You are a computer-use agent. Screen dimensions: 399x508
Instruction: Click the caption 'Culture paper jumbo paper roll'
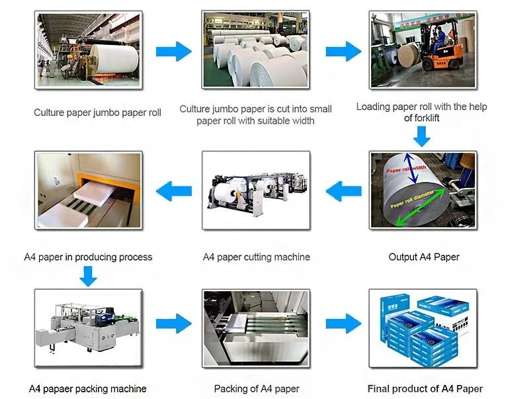[x=97, y=112]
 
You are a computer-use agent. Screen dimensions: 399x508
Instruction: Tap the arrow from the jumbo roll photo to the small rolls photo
[x=173, y=51]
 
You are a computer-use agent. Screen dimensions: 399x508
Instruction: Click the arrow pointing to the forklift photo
[x=343, y=51]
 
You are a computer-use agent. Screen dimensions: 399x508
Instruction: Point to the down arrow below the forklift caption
[x=421, y=136]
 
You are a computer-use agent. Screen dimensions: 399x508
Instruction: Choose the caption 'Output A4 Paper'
[x=423, y=257]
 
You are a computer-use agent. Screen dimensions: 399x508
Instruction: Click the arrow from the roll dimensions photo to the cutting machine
[x=343, y=192]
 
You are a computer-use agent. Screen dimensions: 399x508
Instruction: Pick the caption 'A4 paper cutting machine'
[x=256, y=257]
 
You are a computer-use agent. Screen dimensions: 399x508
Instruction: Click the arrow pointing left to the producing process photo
[x=173, y=192]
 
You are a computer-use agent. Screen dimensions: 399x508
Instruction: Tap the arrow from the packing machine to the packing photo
[x=173, y=324]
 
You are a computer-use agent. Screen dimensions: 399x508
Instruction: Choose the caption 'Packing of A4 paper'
[x=257, y=388]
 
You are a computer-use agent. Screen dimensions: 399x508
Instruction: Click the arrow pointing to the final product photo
[x=343, y=324]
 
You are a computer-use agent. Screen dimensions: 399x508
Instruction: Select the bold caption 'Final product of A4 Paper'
[x=425, y=388]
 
